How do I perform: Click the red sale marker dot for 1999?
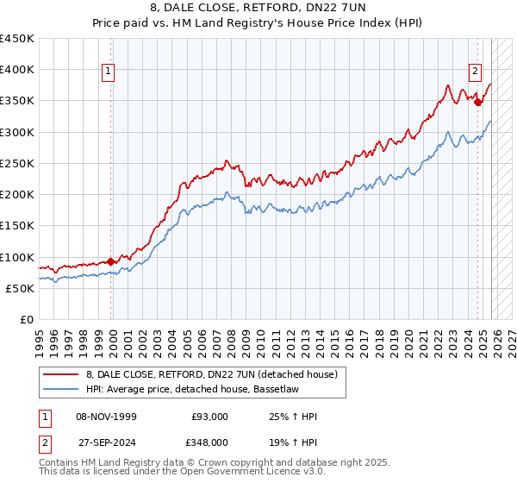click(x=111, y=261)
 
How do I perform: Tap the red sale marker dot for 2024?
click(x=477, y=102)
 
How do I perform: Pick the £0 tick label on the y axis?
click(x=26, y=319)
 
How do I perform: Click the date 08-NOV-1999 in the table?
click(x=104, y=417)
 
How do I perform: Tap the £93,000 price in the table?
click(x=209, y=417)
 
